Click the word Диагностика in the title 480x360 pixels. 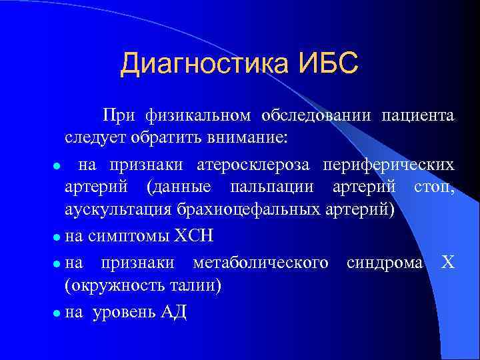[x=203, y=65]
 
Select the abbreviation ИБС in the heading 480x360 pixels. [x=325, y=64]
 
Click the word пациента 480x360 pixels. [x=417, y=115]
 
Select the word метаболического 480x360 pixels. [x=260, y=262]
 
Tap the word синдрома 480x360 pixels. [x=384, y=262]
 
